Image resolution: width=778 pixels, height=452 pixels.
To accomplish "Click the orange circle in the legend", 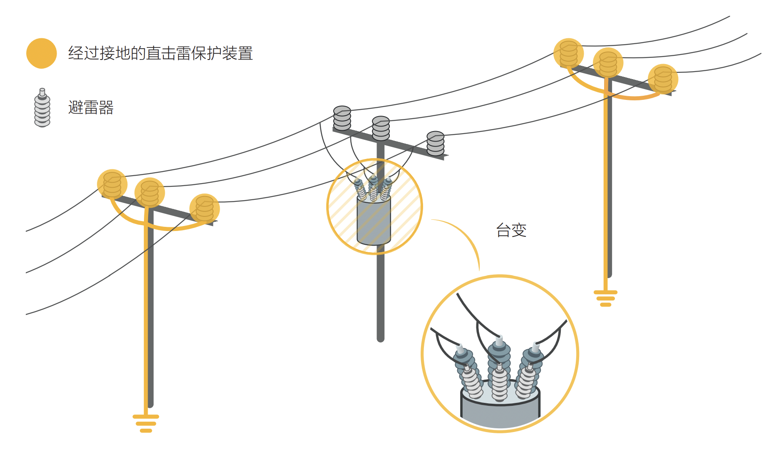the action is coord(42,53).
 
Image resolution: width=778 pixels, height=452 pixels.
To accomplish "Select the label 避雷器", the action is coord(91,107).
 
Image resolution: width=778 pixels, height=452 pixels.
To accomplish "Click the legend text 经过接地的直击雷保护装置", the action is coord(161,53).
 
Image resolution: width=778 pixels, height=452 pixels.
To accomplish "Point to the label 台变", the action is coord(511,230).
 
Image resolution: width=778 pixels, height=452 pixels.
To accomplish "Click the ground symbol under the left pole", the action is coord(146,423).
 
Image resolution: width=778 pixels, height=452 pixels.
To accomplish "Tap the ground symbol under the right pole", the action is coord(606,298).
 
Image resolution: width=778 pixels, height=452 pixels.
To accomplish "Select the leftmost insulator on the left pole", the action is coord(112,184).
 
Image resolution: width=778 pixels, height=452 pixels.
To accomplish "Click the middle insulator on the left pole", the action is coord(150,193).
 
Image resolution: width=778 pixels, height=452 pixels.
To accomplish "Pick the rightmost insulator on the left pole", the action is coord(205,209).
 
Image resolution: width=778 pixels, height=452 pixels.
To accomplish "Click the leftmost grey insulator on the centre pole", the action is coord(342,118).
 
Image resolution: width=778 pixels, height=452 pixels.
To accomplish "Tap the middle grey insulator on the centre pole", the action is coord(381,129).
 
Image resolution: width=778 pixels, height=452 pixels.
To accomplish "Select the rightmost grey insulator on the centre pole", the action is coord(436,144).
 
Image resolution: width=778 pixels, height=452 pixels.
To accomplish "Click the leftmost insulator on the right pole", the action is coord(569,53).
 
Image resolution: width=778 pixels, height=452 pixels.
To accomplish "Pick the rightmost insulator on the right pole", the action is coord(663,79).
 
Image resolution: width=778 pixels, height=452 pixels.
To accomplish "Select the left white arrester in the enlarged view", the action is coord(471,381).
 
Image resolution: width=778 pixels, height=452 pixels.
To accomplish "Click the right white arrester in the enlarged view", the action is coord(527,380).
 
